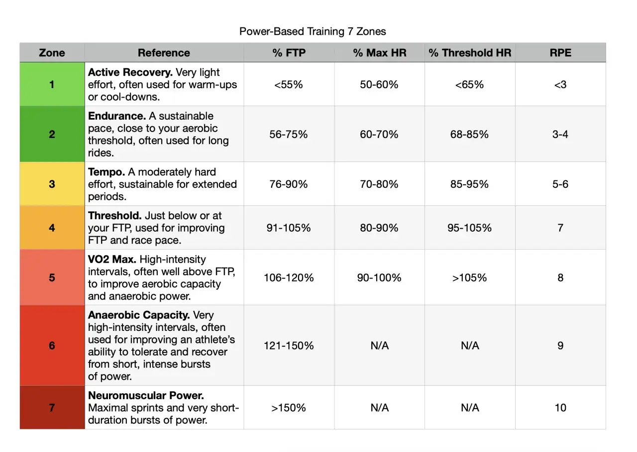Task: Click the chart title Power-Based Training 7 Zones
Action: (x=313, y=31)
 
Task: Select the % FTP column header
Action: (x=289, y=53)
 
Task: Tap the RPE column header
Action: (x=560, y=53)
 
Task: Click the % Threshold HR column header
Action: (x=470, y=53)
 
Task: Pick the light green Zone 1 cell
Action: (x=52, y=84)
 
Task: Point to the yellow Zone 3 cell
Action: (x=52, y=184)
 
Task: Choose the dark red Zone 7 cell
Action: (x=52, y=408)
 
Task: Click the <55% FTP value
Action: (x=289, y=84)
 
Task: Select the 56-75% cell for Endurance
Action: (x=289, y=134)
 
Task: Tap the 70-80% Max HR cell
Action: (x=379, y=184)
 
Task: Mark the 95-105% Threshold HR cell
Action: (x=470, y=228)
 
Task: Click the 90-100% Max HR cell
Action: (x=379, y=278)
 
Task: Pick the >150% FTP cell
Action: (x=289, y=408)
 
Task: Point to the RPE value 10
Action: (x=560, y=408)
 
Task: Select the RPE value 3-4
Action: (x=560, y=134)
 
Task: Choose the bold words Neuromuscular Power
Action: (x=146, y=396)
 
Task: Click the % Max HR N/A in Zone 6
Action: (x=379, y=345)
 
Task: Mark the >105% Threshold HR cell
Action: (x=470, y=278)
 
